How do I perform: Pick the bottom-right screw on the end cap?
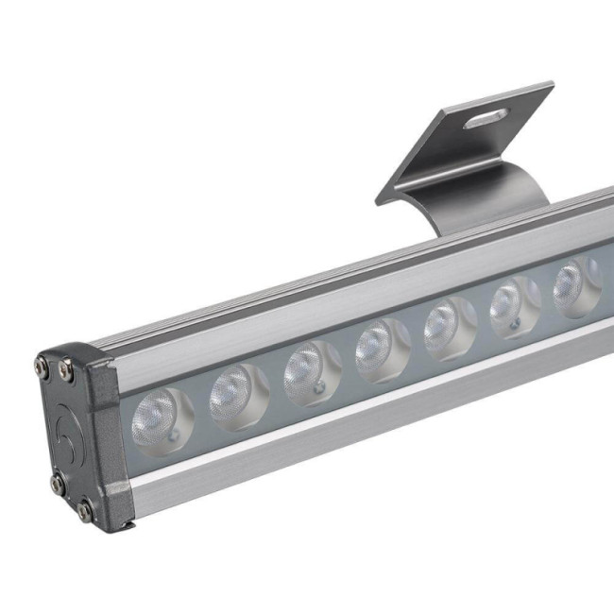click(x=85, y=511)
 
